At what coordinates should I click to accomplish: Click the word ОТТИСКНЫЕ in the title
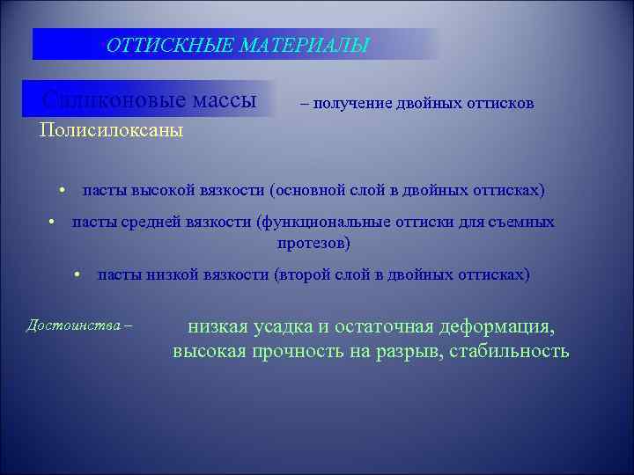(x=155, y=44)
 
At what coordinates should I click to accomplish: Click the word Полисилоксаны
(x=111, y=131)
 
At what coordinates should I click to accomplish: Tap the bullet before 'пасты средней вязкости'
(x=54, y=223)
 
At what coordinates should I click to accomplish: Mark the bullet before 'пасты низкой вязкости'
(x=78, y=275)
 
